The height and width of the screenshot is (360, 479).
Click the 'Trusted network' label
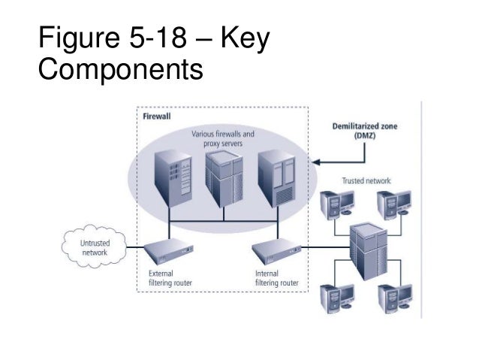366,181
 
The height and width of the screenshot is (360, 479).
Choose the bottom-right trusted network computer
396,296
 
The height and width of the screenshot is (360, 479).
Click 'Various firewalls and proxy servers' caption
223,138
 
